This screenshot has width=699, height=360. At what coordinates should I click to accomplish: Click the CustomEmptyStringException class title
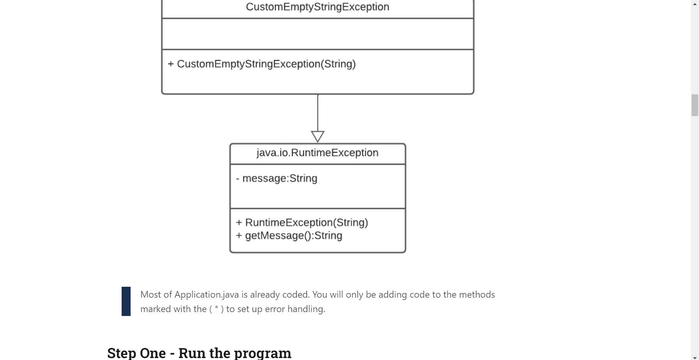click(x=317, y=7)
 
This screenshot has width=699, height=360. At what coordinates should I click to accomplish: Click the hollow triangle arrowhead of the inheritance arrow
click(x=318, y=136)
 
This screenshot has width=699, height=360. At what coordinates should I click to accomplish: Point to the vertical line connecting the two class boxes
click(x=318, y=113)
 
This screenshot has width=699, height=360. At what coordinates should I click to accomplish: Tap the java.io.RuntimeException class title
click(x=317, y=153)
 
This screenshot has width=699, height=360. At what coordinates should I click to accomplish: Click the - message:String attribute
click(x=276, y=178)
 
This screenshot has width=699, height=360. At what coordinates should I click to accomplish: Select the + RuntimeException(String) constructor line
click(x=302, y=222)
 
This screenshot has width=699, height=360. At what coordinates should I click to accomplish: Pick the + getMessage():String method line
click(x=289, y=236)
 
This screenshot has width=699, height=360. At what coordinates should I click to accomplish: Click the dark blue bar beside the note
click(x=126, y=301)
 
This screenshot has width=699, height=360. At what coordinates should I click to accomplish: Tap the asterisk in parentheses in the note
click(x=216, y=309)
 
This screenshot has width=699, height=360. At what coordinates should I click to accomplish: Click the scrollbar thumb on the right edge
click(x=695, y=105)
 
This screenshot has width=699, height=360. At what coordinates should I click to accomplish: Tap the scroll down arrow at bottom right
click(x=695, y=357)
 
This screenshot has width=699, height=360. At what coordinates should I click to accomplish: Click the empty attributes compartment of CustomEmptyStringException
click(x=317, y=34)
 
